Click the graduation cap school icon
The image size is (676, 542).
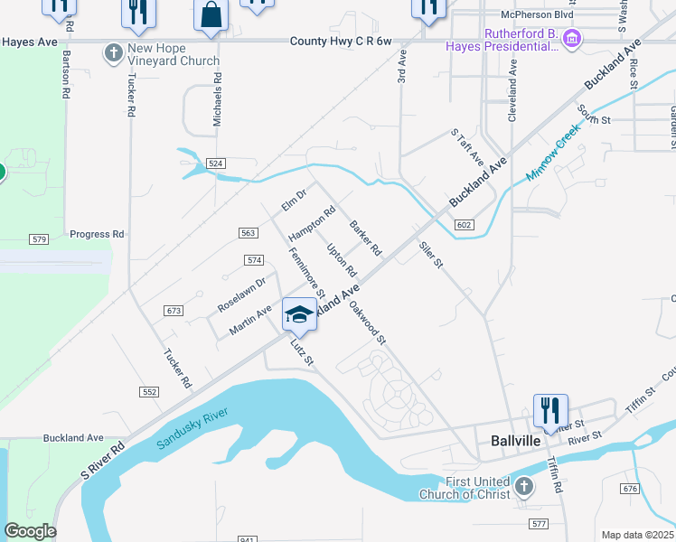click(299, 314)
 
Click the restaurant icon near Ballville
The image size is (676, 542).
click(549, 411)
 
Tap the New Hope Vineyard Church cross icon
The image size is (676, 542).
click(114, 53)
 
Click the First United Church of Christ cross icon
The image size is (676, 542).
click(523, 488)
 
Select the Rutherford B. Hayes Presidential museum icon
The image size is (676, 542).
click(571, 39)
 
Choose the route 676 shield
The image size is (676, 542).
click(630, 489)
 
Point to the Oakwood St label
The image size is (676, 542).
click(368, 322)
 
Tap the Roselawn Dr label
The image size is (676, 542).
click(241, 295)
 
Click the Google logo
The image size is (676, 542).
click(30, 531)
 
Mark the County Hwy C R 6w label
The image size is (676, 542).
click(342, 42)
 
